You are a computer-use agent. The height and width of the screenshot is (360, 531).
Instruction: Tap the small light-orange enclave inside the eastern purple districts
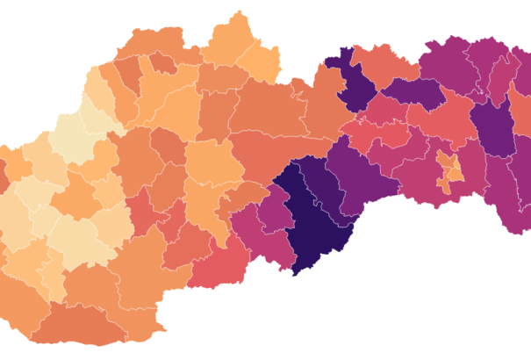tap(450, 169)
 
